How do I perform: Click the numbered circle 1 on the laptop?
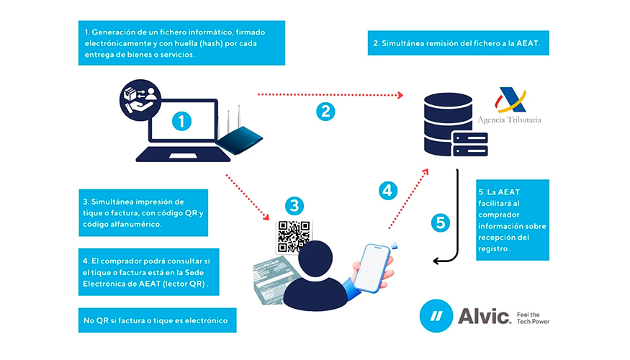(182, 122)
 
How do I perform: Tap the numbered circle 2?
(325, 111)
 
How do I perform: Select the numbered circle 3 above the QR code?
(293, 205)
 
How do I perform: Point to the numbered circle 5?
(439, 222)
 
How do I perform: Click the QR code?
(294, 235)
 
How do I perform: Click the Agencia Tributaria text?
(509, 120)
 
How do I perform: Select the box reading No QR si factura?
(157, 320)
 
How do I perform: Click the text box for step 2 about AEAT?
(459, 43)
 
